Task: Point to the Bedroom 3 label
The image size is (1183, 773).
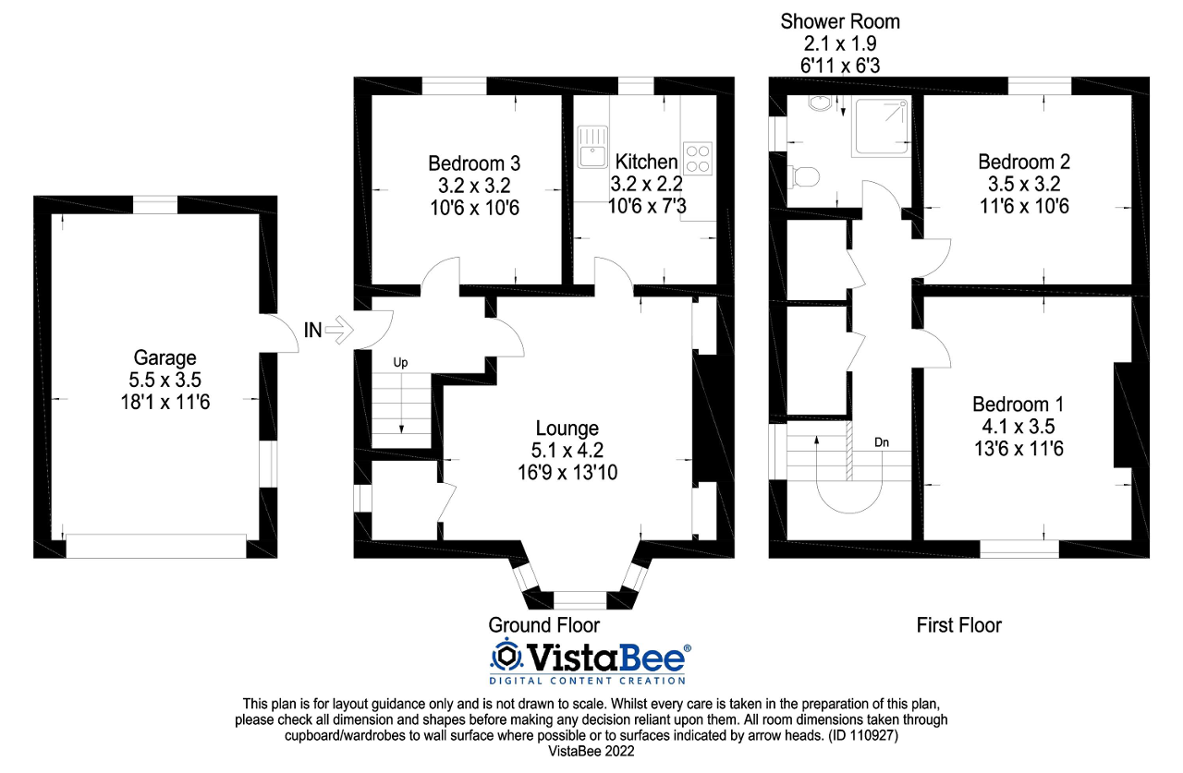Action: (474, 163)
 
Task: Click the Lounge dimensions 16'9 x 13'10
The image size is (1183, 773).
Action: (567, 472)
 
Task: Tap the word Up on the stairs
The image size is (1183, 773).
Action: (400, 363)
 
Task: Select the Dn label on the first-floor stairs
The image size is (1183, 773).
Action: (882, 442)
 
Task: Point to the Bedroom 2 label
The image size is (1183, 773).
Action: (1024, 162)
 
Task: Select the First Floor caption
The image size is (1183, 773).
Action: (958, 625)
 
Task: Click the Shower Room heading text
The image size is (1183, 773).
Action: (839, 21)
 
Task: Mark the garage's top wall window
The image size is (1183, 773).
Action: (155, 205)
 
